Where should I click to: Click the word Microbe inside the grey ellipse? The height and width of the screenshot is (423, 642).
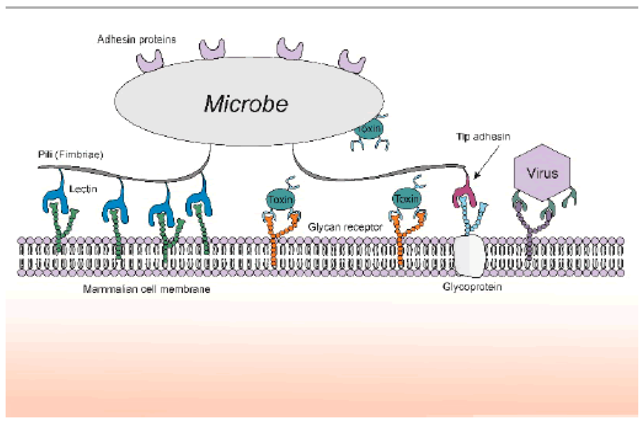point(246,104)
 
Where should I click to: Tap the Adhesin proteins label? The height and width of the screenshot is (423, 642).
point(136,40)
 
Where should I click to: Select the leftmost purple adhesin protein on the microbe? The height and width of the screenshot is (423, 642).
point(150,62)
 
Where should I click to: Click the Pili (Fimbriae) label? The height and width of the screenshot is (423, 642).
point(70,154)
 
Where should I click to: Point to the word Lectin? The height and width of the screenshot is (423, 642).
point(83,189)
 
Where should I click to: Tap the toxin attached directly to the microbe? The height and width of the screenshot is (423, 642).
point(369,130)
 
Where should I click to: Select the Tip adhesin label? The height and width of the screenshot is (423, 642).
point(483,137)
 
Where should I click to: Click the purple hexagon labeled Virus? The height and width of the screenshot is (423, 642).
point(542,173)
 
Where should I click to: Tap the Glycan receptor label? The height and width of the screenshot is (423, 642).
point(345,227)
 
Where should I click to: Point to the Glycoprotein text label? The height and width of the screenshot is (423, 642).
point(472,287)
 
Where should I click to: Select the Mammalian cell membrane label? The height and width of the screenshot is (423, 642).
point(146,289)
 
